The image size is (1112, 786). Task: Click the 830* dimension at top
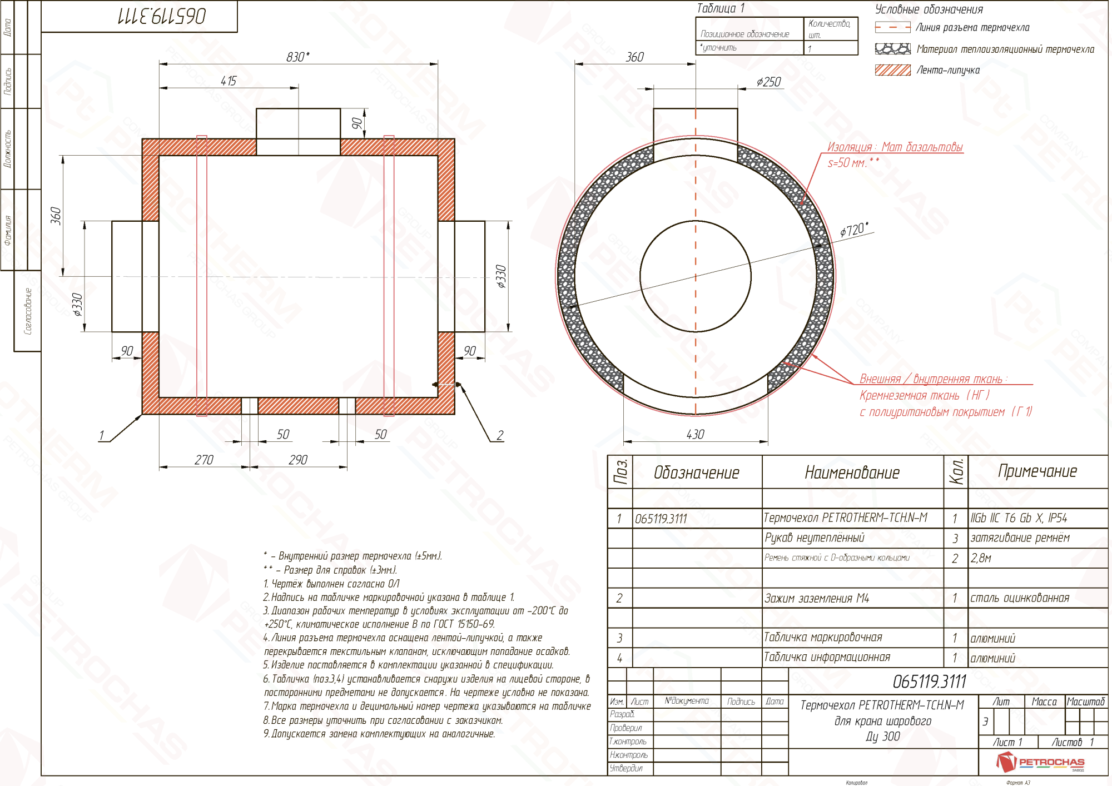tap(298, 57)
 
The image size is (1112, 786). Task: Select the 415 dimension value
tap(229, 81)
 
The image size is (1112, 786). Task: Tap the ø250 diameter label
tap(768, 82)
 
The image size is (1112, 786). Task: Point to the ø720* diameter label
tap(853, 229)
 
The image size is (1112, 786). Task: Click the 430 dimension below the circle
tap(695, 434)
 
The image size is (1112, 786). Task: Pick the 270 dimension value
tap(203, 460)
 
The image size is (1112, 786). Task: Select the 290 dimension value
tap(298, 460)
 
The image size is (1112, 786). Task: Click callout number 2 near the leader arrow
tap(500, 435)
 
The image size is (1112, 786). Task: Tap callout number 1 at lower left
tap(101, 435)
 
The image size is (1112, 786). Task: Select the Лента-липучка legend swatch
tap(892, 70)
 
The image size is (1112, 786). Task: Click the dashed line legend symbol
tap(892, 27)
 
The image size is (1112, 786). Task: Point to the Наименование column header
tap(852, 472)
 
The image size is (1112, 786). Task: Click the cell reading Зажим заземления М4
tap(816, 599)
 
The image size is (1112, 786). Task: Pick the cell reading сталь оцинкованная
tap(1020, 599)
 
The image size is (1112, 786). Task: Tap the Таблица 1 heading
tap(720, 8)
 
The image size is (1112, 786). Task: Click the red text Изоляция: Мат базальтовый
tap(895, 147)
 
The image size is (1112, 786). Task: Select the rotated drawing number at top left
tap(162, 16)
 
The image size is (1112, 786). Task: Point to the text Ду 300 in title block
tap(882, 737)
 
